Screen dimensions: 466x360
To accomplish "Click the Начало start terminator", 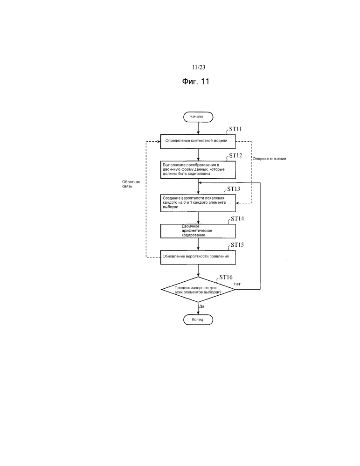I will [x=199, y=116].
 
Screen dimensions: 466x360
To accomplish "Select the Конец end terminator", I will [x=199, y=320].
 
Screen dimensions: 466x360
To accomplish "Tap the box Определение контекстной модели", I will [x=199, y=141].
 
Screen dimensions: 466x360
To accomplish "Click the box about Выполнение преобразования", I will [x=199, y=169].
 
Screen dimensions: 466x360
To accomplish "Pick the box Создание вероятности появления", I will [x=199, y=202].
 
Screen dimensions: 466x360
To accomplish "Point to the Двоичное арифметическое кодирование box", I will [x=199, y=231].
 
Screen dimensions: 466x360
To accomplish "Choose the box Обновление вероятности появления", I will [x=199, y=257].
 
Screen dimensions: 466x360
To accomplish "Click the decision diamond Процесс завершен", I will [x=199, y=290].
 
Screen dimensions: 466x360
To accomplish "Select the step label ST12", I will [x=235, y=155].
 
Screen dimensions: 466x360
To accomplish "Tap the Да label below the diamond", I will [x=202, y=306].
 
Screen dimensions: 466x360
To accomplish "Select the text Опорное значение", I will [x=270, y=159].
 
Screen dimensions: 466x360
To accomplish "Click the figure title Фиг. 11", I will [x=196, y=82].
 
